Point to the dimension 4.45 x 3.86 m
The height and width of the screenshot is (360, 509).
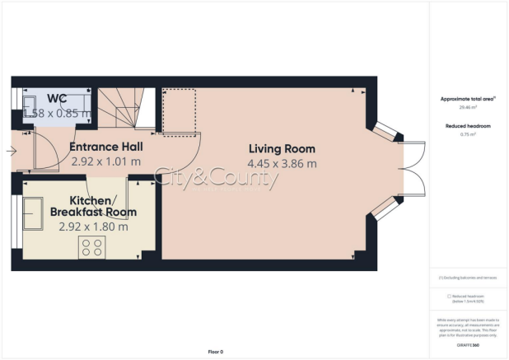click(x=283, y=163)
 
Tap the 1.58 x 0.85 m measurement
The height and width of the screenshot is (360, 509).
click(x=56, y=113)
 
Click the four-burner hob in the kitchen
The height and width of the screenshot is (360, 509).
click(x=91, y=246)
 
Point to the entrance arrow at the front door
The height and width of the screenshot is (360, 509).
click(x=9, y=151)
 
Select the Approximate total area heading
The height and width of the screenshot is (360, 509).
click(x=468, y=99)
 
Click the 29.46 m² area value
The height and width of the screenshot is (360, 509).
click(x=468, y=107)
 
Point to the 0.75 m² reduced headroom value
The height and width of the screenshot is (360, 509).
click(x=468, y=133)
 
